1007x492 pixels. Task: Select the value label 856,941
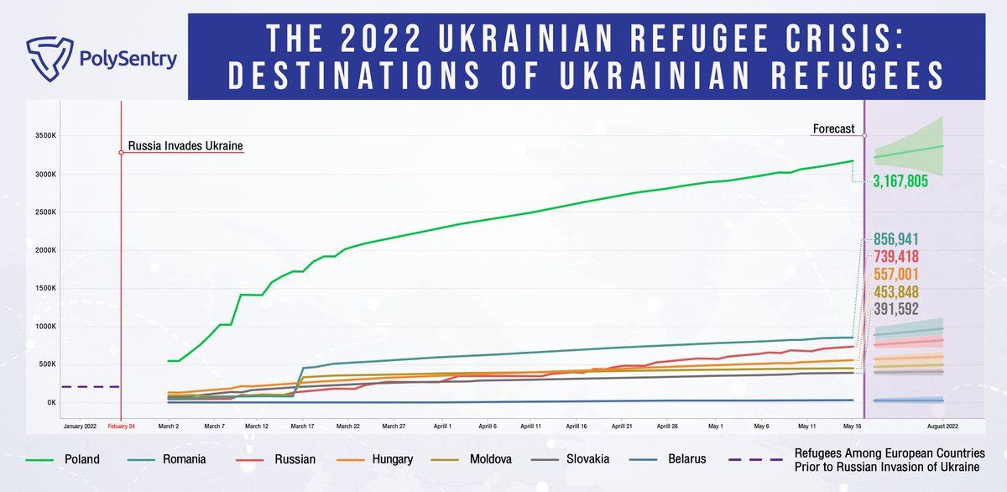[x=896, y=238]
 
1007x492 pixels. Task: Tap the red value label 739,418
[x=896, y=256]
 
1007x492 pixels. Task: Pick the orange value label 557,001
[x=896, y=274]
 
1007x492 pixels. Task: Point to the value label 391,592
[x=896, y=309]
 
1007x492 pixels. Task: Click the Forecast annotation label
[x=833, y=129]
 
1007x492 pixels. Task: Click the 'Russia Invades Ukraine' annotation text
[x=185, y=146]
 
